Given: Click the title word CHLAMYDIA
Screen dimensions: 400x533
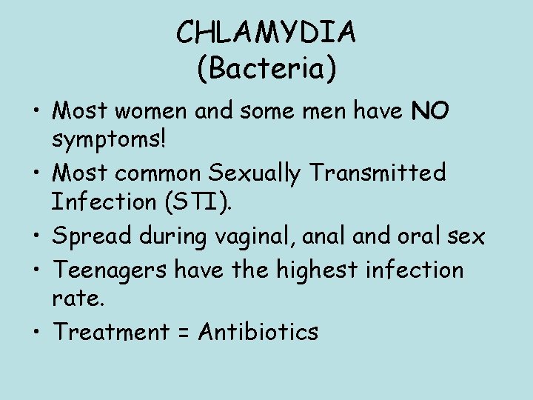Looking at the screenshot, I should pyautogui.click(x=266, y=33).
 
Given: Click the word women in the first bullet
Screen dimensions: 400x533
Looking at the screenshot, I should pyautogui.click(x=162, y=111).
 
